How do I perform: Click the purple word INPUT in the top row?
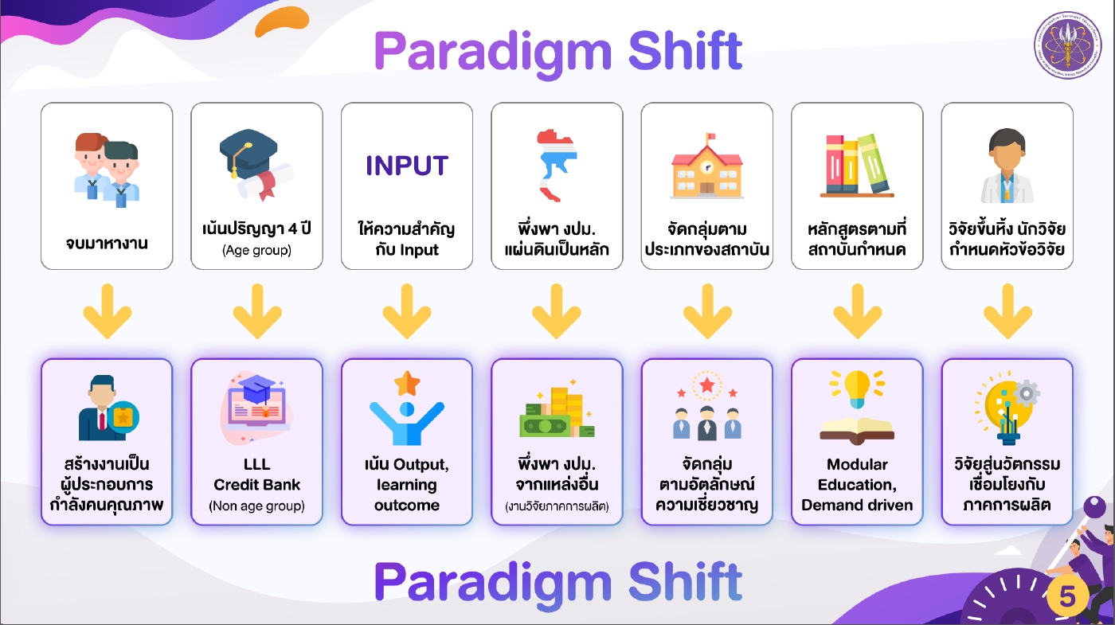point(407,166)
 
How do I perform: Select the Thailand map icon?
point(556,166)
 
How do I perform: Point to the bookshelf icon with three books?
point(857,166)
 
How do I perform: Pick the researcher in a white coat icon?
point(1007,166)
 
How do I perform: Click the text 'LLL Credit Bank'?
point(256,475)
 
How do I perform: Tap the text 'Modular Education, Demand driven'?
point(857,484)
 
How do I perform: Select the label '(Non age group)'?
point(256,506)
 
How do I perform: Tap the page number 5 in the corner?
point(1068,596)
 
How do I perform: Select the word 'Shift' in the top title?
point(685,51)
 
